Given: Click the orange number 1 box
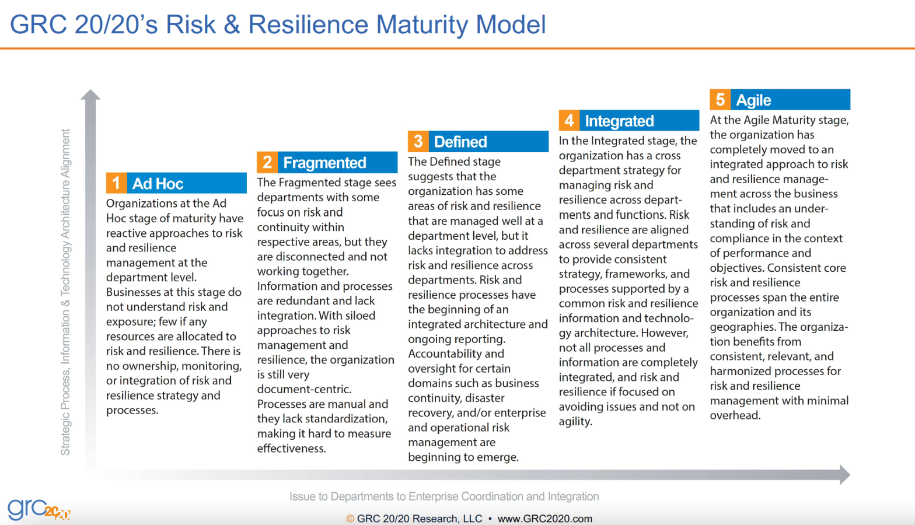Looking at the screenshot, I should click(x=116, y=183).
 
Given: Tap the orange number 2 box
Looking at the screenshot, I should click(x=267, y=162).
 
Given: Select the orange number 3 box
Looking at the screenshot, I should click(x=418, y=142).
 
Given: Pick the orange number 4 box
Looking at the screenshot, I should click(x=569, y=121).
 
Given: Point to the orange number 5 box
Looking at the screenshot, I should click(x=720, y=100).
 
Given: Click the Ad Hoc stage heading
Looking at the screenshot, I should click(x=158, y=184).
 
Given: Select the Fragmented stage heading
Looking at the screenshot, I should click(x=324, y=163).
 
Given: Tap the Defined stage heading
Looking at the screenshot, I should click(x=460, y=142).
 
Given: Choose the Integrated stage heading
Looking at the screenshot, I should click(x=619, y=121).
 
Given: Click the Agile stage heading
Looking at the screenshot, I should click(x=753, y=100).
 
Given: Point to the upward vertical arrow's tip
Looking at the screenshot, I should click(x=90, y=92).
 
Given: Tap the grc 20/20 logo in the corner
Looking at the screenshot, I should click(x=38, y=509).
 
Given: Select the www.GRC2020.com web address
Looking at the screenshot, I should click(x=544, y=519).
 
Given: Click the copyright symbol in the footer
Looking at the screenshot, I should click(x=350, y=519).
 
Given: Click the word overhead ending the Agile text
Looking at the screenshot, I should click(x=735, y=415).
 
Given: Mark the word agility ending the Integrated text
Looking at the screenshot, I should click(x=575, y=421).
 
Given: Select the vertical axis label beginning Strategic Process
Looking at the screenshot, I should click(x=65, y=292).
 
